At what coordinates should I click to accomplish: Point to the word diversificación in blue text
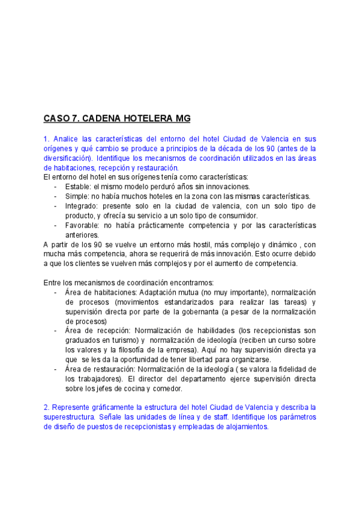point(68,158)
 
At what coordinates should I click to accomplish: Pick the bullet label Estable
point(77,187)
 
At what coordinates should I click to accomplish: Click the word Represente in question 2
point(71,408)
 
